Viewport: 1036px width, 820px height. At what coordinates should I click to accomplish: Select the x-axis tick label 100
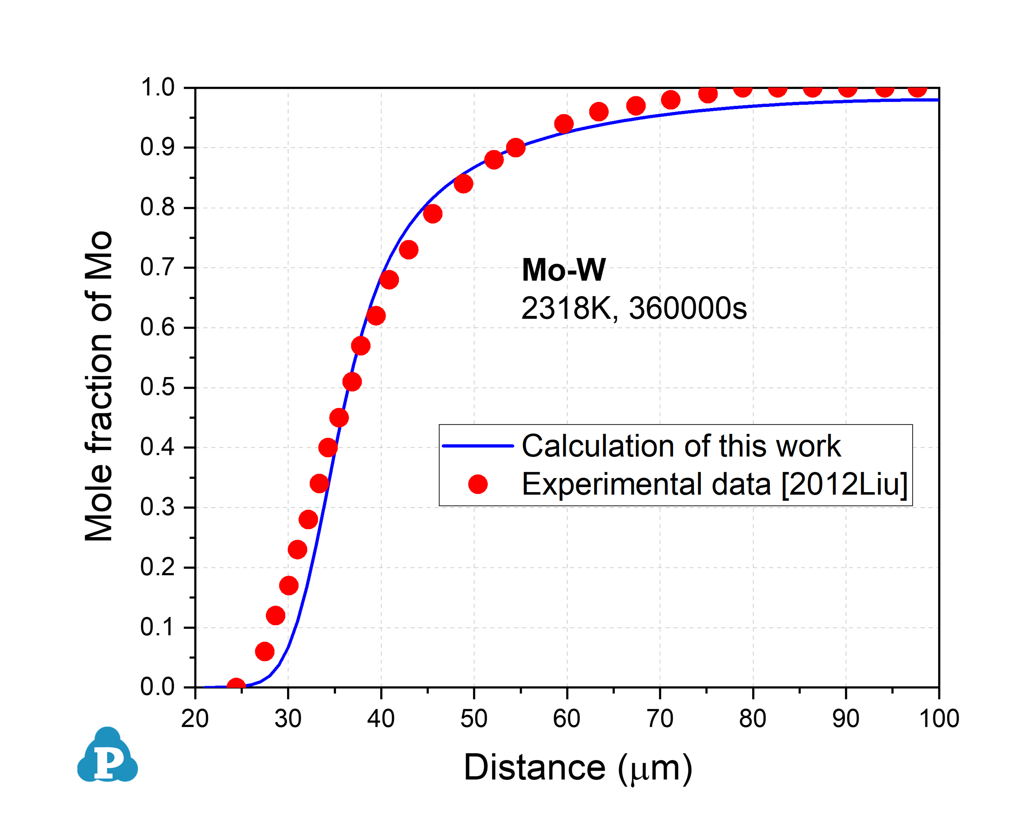(939, 719)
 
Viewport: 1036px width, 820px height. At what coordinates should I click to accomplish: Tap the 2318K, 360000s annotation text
(634, 308)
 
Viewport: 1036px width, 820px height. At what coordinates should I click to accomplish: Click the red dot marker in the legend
(478, 484)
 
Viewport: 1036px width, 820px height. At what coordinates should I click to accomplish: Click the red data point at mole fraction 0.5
(352, 382)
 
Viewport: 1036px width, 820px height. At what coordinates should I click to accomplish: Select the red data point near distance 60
(564, 124)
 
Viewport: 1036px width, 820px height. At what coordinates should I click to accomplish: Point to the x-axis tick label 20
(195, 719)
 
